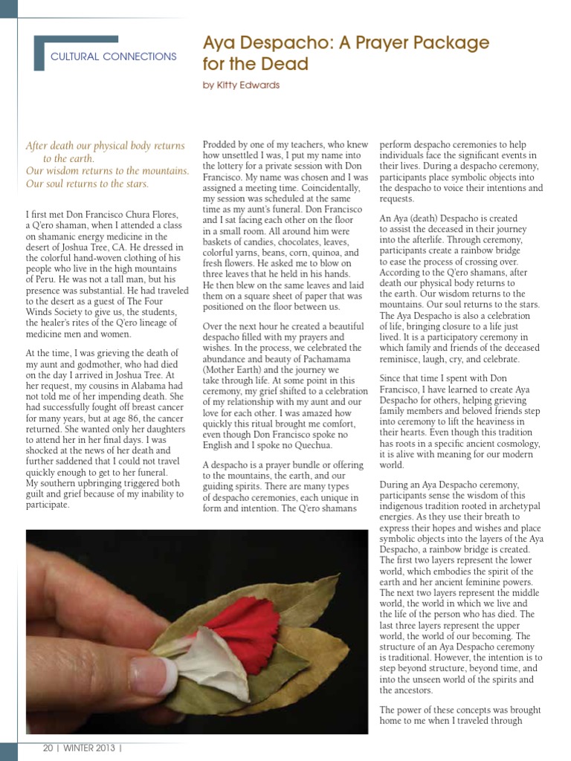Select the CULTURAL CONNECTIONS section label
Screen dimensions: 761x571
point(113,56)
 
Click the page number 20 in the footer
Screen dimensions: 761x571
point(48,748)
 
